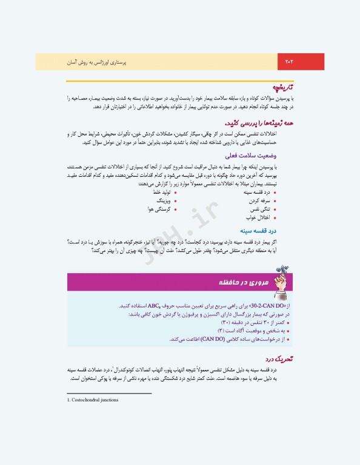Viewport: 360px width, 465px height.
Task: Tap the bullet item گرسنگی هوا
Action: (x=158, y=208)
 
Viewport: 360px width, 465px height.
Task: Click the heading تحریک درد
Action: (x=281, y=359)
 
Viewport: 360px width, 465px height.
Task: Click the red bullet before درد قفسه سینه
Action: (x=275, y=191)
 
